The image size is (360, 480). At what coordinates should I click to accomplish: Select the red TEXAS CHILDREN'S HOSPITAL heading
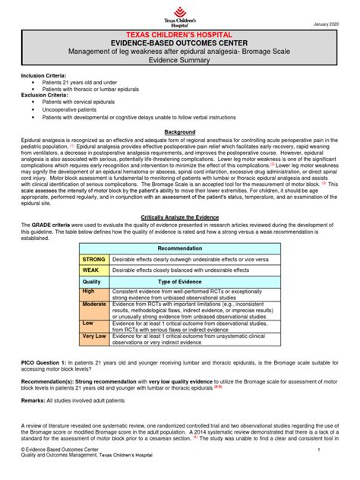(x=179, y=36)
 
